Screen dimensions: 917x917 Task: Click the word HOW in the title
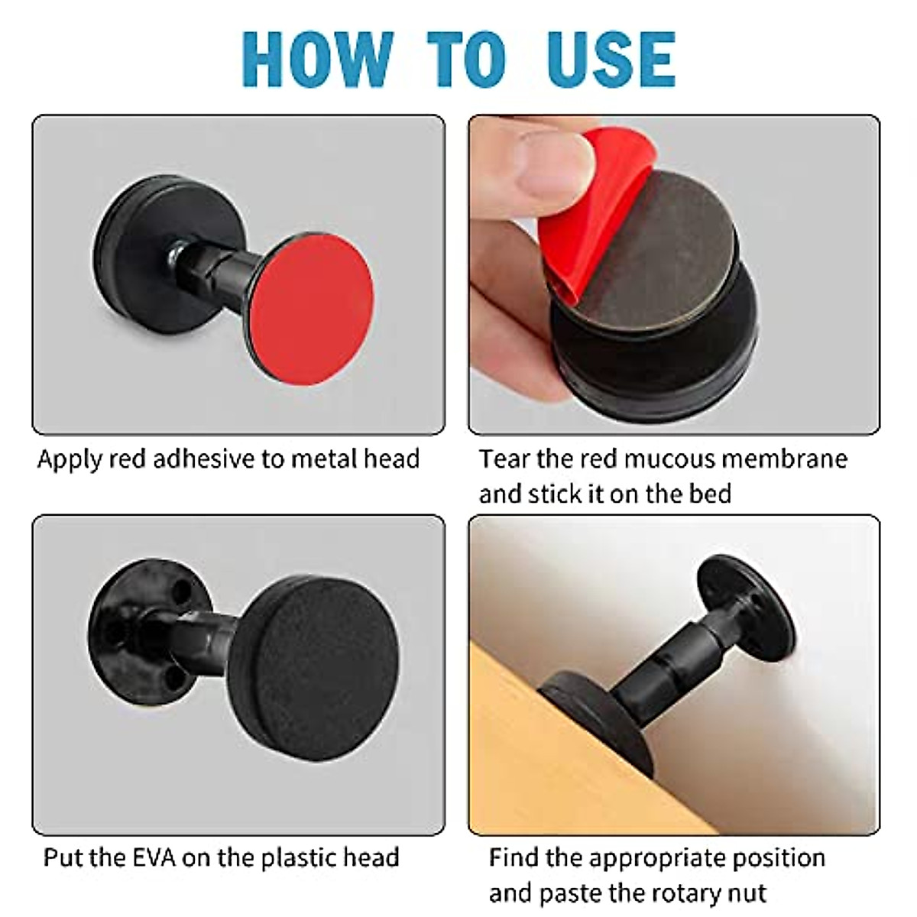[x=316, y=60]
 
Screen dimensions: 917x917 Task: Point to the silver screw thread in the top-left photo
[x=175, y=249]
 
